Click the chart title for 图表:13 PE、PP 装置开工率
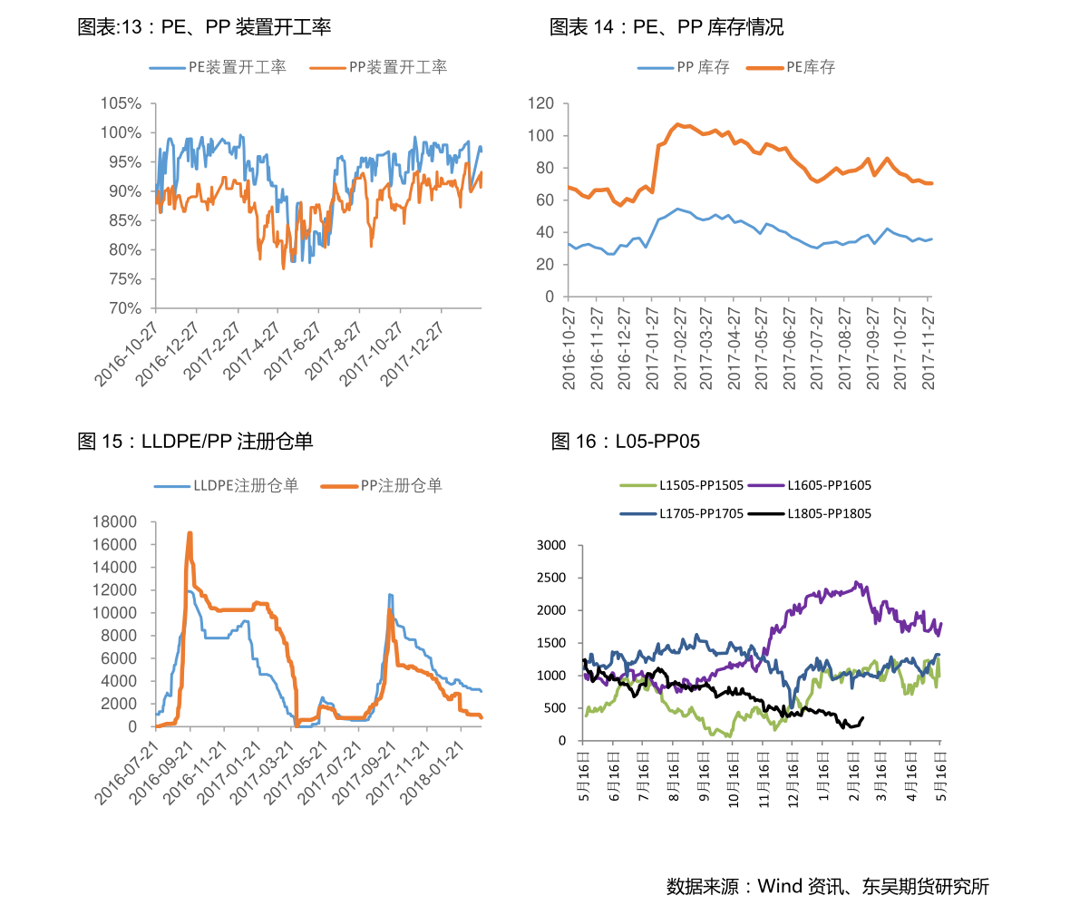coord(204,27)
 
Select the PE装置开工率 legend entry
coord(219,67)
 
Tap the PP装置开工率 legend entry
coord(378,67)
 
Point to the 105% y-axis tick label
coord(121,104)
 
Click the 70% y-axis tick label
coord(124,308)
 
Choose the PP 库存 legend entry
coord(684,67)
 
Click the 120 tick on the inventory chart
coord(540,103)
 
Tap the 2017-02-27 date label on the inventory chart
coord(680,348)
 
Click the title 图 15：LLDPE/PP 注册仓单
coord(195,442)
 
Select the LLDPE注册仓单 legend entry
coord(227,486)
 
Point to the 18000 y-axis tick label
coord(114,521)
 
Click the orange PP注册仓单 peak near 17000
coord(190,533)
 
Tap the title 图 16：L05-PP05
coord(626,442)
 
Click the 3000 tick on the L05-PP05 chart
coord(551,545)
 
